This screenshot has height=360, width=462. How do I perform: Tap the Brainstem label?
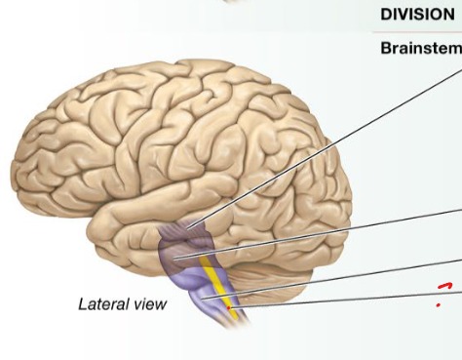420,49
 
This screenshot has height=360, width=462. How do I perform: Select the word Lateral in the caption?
100,304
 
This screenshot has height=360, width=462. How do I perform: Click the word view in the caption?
148,304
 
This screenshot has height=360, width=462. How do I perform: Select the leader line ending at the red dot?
341,298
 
